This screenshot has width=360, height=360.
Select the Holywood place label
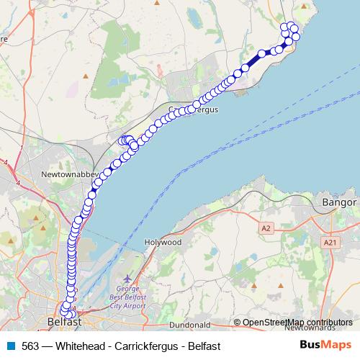pos(162,243)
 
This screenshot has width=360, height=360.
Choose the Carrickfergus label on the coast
pos(193,110)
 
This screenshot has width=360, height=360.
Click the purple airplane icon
pos(128,278)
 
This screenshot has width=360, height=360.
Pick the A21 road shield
pos(330,243)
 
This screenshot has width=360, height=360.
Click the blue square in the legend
pos(11,346)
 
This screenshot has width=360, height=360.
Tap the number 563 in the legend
pos(30,346)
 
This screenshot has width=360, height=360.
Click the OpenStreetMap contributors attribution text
pos(297,323)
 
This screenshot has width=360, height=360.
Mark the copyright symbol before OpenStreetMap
pos(237,323)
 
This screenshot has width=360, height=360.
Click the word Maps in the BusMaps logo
pos(338,345)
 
